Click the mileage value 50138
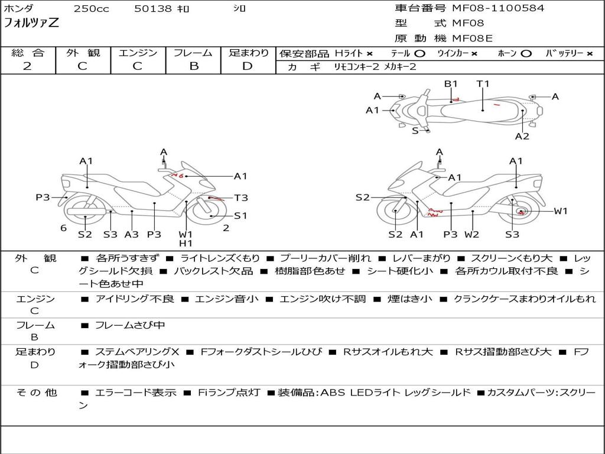[x=153, y=9]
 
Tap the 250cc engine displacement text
[x=91, y=9]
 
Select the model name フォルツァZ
[x=31, y=24]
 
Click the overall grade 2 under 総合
[x=27, y=66]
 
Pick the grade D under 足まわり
[x=248, y=66]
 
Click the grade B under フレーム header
[x=193, y=66]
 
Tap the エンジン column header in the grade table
[x=138, y=53]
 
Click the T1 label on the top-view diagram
[x=483, y=84]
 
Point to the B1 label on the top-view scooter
[x=451, y=84]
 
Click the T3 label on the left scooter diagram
[x=241, y=198]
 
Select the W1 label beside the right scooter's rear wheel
[x=560, y=211]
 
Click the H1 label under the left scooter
[x=186, y=243]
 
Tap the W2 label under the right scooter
[x=471, y=234]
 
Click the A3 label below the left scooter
[x=131, y=234]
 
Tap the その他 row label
[x=36, y=393]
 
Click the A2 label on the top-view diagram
[x=522, y=136]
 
